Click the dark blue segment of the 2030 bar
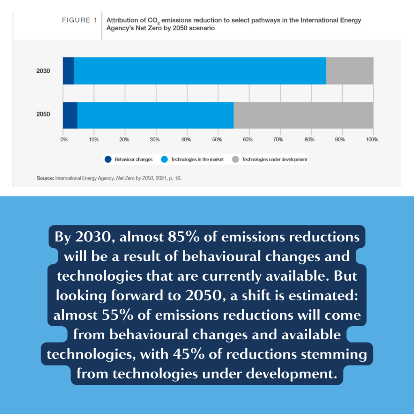coord(68,71)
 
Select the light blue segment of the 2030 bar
coord(200,71)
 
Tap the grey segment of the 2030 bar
coord(350,71)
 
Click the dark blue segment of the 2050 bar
coord(70,115)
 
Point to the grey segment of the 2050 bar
coord(303,115)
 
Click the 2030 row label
coord(43,71)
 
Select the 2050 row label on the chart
coord(43,114)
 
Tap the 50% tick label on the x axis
coord(218,139)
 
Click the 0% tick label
coord(64,139)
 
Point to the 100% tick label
coord(372,139)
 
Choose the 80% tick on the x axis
coord(310,139)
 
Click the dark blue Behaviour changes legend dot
coord(108,159)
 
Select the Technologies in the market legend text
coord(197,159)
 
